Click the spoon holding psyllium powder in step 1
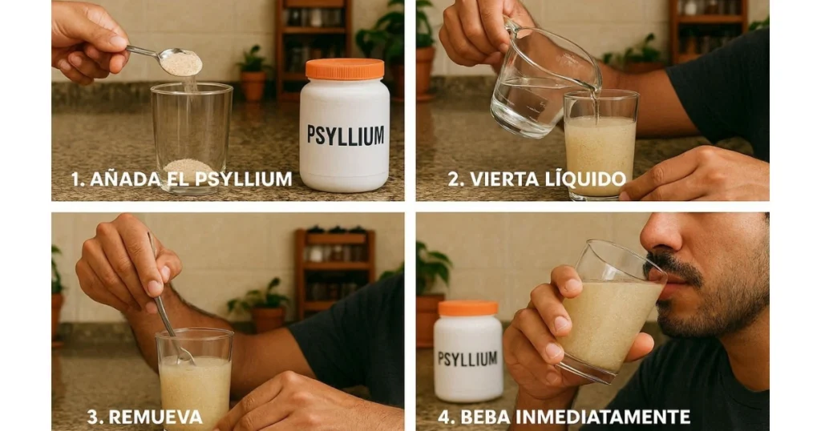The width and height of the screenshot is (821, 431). coord(178,62)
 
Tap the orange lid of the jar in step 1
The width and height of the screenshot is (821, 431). coord(345,70)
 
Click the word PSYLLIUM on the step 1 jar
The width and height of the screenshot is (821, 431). coord(346,135)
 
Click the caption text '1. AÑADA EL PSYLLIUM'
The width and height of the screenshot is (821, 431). coord(181,179)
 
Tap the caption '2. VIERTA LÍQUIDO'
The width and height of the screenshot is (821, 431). coord(536,179)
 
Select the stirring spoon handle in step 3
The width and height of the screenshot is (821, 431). coord(160,289)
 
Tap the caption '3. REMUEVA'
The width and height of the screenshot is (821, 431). coord(144,417)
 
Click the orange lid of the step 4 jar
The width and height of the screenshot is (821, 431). coord(467,308)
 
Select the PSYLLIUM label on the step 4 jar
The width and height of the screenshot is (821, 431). coord(469,358)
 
